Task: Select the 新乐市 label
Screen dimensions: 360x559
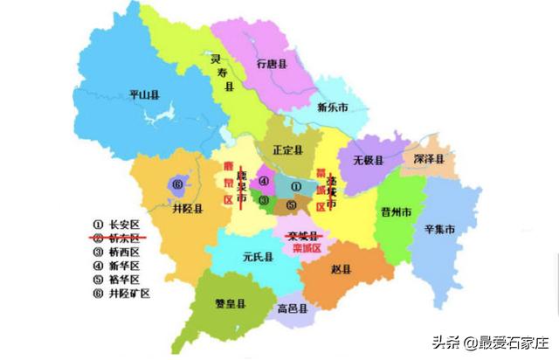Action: pos(332,107)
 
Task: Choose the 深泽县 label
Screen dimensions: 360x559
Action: pos(429,159)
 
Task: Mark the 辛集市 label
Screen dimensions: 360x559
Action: pos(439,230)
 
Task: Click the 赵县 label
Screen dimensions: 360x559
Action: pos(341,268)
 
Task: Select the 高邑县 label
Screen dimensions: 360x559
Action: pos(291,309)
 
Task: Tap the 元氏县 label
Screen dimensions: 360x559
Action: pos(258,258)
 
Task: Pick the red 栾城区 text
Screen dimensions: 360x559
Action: pos(300,247)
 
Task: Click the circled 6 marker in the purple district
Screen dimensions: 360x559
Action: pos(177,184)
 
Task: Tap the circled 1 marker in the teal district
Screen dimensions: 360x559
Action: pos(295,186)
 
